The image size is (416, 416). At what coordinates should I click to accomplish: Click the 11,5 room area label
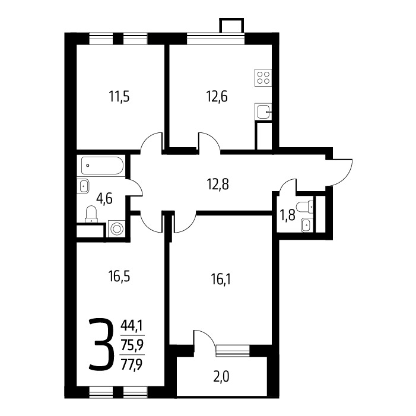[x=119, y=96]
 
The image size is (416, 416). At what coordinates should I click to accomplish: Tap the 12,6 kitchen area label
[x=217, y=96]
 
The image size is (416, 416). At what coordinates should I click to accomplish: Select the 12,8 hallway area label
[x=218, y=185]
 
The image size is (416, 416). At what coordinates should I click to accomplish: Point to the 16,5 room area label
[x=119, y=277]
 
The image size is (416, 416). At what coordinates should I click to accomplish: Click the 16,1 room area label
[x=221, y=280]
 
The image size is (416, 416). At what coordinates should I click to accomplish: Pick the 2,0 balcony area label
[x=221, y=377]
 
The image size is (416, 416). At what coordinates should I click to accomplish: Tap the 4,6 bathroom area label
[x=104, y=198]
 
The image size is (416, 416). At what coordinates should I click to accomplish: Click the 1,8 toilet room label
[x=287, y=215]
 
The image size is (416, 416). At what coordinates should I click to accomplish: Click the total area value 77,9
[x=132, y=364]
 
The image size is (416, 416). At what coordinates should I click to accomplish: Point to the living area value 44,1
[x=132, y=324]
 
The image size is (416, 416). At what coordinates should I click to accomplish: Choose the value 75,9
[x=132, y=345]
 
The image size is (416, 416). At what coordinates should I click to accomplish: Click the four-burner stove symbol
[x=263, y=78]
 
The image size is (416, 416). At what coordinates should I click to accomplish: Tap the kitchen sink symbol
[x=263, y=112]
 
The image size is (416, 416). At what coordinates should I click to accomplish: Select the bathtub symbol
[x=102, y=166]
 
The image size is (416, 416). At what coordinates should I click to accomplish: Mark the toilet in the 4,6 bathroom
[x=91, y=214]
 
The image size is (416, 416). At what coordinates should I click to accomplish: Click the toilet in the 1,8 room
[x=305, y=207]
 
